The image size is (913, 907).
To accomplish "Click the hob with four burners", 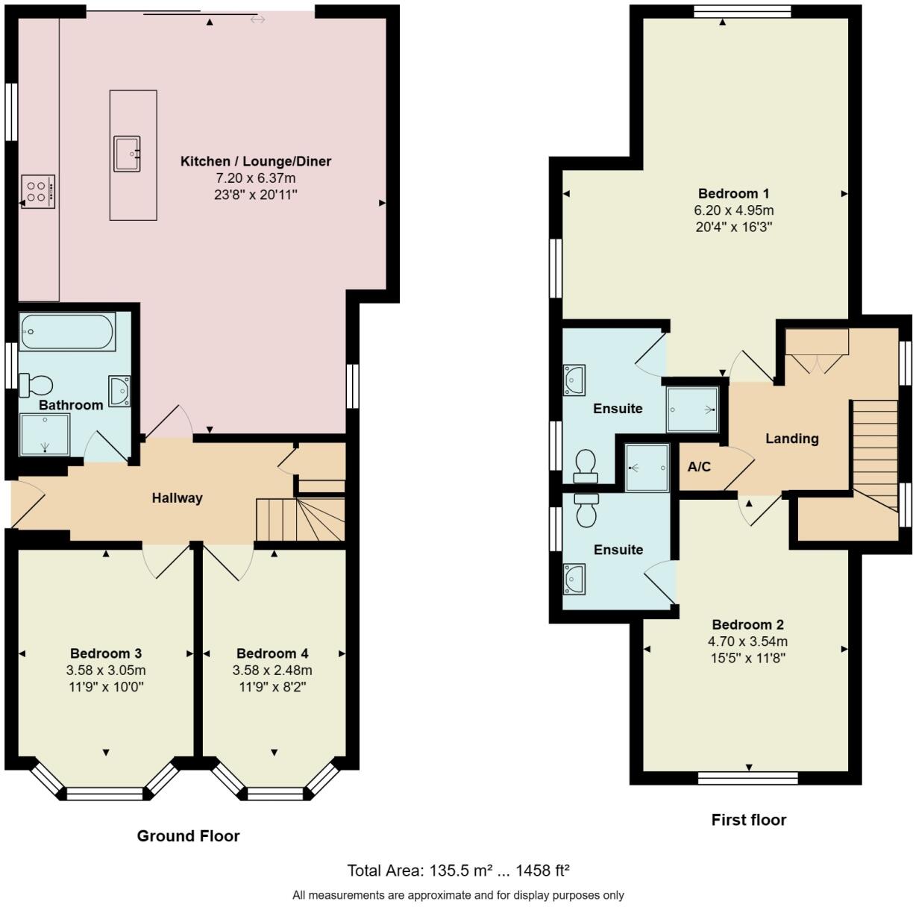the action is (x=38, y=192).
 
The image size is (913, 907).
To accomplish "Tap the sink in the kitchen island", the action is (x=127, y=154).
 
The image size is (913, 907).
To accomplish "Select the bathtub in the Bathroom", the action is (x=67, y=331).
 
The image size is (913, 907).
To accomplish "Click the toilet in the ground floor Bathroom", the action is (x=35, y=386).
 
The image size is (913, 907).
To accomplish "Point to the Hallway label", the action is (x=178, y=498).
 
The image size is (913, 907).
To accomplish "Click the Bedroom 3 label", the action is (x=106, y=653).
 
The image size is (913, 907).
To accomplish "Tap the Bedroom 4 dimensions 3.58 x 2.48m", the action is (x=272, y=670).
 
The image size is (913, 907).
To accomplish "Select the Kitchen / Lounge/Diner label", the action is (x=255, y=161).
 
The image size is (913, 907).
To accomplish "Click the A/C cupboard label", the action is (x=699, y=467).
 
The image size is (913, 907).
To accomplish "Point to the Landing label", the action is (x=791, y=439).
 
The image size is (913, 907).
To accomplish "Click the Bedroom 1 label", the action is (x=734, y=193).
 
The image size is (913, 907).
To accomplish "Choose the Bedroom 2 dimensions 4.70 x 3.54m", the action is (x=747, y=641).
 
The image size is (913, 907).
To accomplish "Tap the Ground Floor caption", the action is (x=188, y=835).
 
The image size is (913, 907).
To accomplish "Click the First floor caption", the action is (x=749, y=819).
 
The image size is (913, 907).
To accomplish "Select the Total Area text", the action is (x=458, y=870).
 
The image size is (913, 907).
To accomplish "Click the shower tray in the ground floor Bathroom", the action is (x=45, y=435).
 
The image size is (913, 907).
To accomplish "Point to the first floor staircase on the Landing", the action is (x=875, y=456).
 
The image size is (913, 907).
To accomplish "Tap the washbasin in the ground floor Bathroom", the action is (x=119, y=391).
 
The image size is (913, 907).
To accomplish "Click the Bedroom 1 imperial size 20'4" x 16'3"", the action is (x=734, y=227).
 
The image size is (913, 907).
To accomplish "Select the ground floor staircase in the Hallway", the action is (x=300, y=519).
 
